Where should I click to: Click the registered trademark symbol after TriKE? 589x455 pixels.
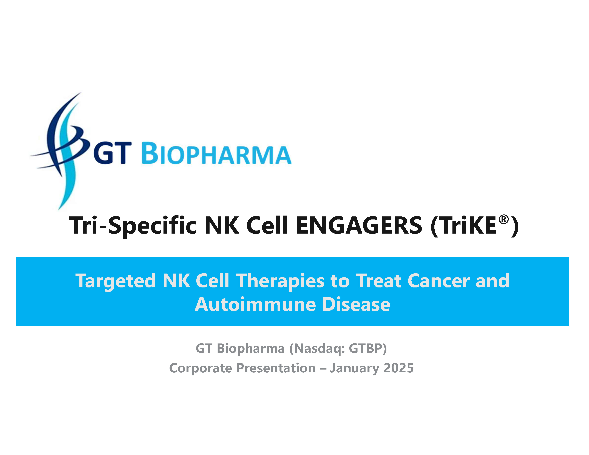[x=503, y=219]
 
